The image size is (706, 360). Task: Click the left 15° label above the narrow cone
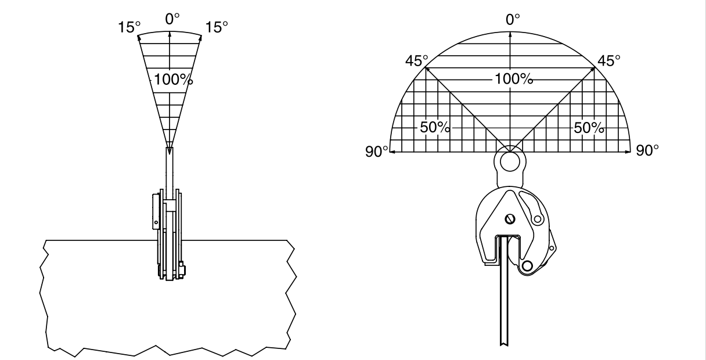[x=129, y=27]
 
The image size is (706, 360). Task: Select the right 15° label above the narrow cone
[x=217, y=27]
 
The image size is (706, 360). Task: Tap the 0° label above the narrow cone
[x=172, y=19]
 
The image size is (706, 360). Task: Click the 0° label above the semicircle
[x=513, y=20]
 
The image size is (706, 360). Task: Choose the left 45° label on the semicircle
[x=417, y=60]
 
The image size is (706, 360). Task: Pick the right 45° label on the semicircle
[x=609, y=60]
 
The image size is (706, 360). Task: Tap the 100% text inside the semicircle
[x=514, y=79]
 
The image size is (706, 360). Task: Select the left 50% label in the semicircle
[x=435, y=127]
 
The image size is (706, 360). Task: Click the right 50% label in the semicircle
[x=589, y=128]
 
